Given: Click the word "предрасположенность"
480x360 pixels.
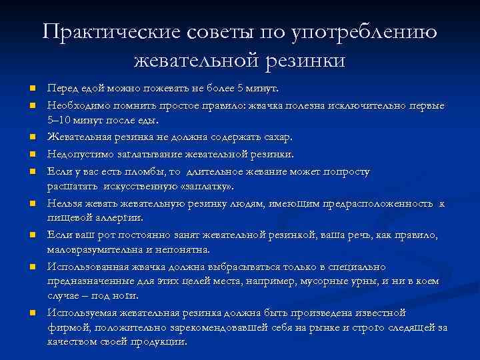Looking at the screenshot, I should [381, 203].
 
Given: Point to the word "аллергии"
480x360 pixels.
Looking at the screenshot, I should [121, 217].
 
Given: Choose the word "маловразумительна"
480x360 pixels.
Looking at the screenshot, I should [93, 249].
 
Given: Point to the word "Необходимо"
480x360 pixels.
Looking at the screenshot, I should [73, 105].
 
